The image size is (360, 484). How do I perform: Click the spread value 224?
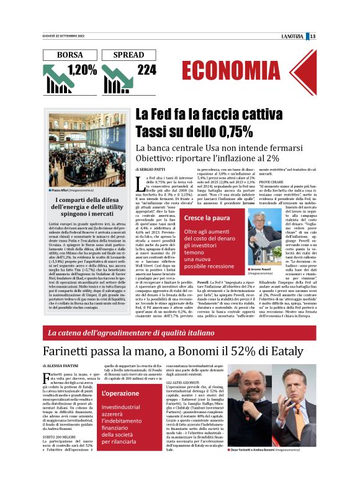coord(146,70)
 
